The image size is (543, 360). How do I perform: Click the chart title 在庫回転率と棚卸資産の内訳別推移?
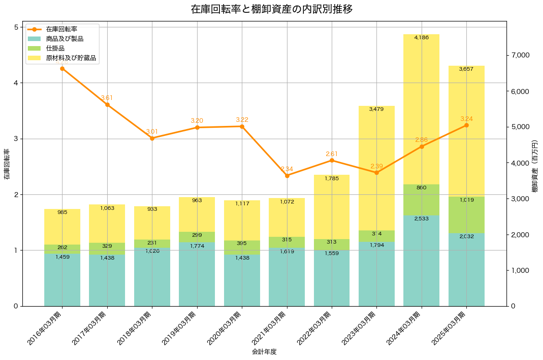pos(271,9)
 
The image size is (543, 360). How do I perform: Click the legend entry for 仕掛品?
pos(55,48)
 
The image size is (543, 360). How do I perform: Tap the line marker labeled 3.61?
pos(107,104)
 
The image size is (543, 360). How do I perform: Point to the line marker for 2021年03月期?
pos(287,176)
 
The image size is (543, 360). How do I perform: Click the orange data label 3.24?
pos(466,119)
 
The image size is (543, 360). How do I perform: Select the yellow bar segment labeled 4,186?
pos(421,110)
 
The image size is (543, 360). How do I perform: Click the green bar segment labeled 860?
pos(421,199)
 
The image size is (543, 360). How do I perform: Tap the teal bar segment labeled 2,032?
pos(466,269)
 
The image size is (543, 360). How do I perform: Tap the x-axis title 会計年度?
pos(264,352)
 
